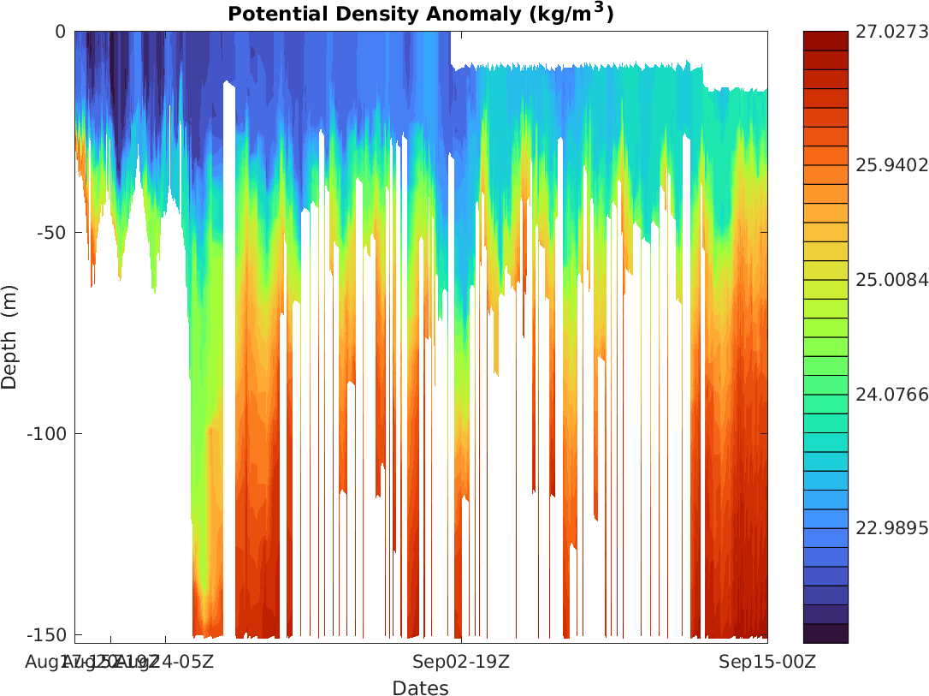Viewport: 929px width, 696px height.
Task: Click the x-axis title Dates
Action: tap(420, 687)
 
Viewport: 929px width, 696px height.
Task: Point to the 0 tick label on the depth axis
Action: tap(60, 32)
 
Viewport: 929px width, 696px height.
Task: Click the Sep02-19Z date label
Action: tap(462, 661)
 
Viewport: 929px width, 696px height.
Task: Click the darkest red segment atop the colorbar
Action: tap(825, 40)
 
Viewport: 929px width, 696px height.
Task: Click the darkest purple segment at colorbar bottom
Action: tap(825, 634)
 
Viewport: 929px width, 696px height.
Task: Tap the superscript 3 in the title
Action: tap(598, 8)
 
